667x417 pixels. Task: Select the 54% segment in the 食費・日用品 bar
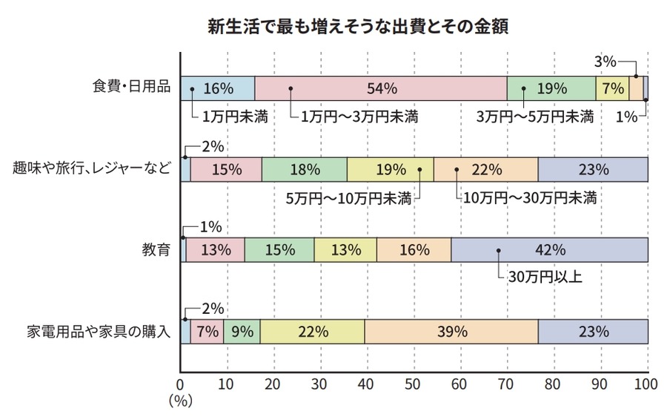381,88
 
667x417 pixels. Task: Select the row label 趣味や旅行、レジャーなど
92,169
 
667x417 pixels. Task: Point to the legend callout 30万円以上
545,278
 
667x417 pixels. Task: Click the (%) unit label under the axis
181,401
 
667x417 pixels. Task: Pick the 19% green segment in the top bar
552,88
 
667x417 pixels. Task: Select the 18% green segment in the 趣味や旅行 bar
304,169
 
